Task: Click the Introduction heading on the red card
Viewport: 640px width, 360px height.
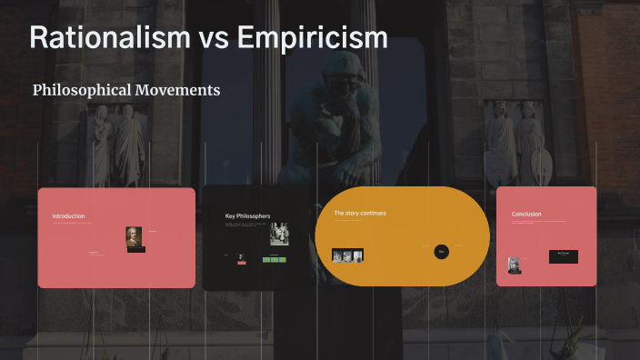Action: (x=68, y=216)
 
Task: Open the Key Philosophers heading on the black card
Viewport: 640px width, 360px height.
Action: (x=247, y=216)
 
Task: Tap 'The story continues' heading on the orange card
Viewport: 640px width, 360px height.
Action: (x=360, y=214)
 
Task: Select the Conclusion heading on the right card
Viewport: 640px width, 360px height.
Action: (x=526, y=215)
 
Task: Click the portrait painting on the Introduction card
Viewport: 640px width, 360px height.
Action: (x=135, y=237)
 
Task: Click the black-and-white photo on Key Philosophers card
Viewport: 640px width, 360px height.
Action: (x=279, y=234)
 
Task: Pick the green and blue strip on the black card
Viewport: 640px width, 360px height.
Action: (x=275, y=259)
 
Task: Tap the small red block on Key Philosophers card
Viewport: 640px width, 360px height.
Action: (x=242, y=261)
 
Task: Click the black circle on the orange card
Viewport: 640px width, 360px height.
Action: (x=441, y=251)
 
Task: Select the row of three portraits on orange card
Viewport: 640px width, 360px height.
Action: (x=347, y=255)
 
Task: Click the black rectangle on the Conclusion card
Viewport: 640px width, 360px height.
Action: (x=563, y=256)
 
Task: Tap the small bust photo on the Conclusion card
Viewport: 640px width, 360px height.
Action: (x=515, y=265)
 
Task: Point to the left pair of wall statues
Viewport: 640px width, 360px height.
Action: (x=115, y=145)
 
